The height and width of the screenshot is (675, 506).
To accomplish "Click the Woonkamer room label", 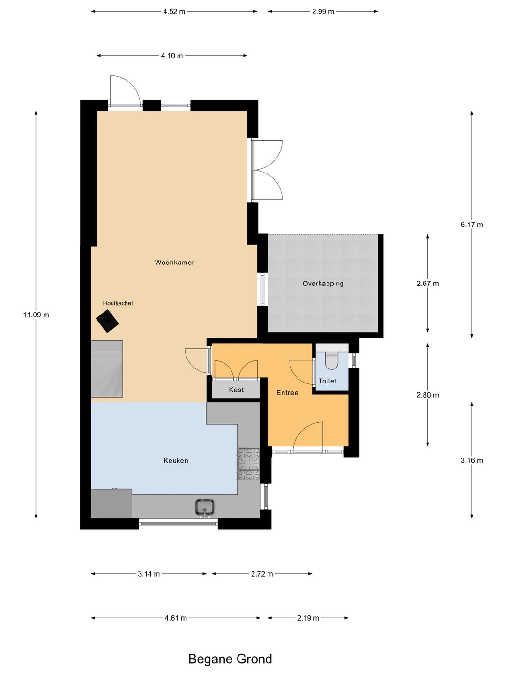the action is click(x=174, y=262).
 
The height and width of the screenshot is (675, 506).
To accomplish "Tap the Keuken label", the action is click(x=176, y=460).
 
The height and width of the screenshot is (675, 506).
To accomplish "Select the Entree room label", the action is click(x=287, y=393).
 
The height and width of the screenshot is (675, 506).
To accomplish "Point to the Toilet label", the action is click(x=327, y=381).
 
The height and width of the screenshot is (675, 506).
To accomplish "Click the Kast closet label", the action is click(x=236, y=390).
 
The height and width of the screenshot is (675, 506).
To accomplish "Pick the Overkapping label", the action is click(x=323, y=284).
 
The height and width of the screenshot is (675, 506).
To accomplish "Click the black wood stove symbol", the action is click(x=108, y=321).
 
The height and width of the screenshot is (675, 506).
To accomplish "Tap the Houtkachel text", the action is click(x=118, y=303).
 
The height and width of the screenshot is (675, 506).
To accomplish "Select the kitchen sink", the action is click(x=205, y=507).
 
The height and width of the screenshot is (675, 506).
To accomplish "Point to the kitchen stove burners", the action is click(x=248, y=464).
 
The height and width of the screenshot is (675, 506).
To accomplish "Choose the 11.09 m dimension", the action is click(x=36, y=315).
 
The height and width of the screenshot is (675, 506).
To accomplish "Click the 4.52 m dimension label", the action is click(x=174, y=12).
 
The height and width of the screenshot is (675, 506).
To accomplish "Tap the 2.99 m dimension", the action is click(x=323, y=12).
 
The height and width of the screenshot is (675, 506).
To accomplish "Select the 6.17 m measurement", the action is click(x=472, y=225).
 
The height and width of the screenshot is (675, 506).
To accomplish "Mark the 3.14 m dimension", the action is click(x=149, y=574).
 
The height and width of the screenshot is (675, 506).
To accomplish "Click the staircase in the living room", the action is click(x=107, y=369).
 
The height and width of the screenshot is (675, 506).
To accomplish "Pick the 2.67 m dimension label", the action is click(x=428, y=284).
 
